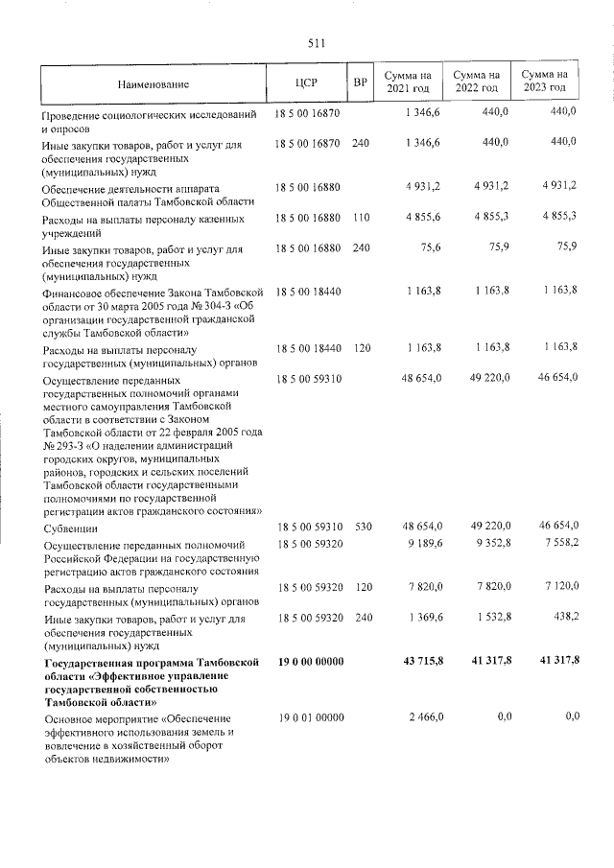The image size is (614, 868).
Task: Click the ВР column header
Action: pos(361,82)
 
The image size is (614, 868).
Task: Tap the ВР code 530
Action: pos(361,527)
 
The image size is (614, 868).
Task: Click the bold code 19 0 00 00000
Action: pos(310,662)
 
